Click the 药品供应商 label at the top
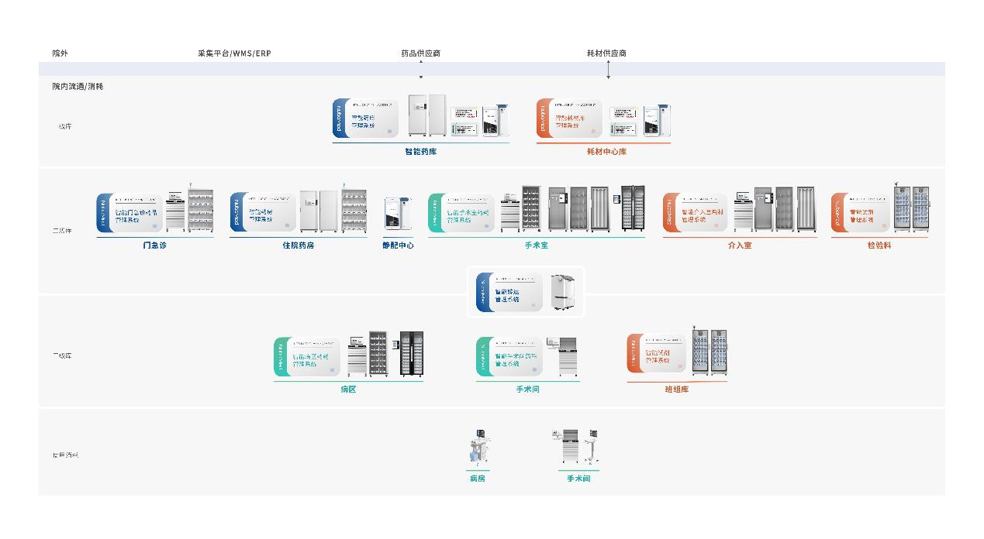(420, 53)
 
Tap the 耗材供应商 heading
(606, 53)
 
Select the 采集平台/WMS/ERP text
(234, 53)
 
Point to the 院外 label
(60, 53)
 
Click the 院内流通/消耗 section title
(78, 86)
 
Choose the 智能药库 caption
(420, 152)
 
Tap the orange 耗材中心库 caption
(606, 152)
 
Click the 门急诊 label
(154, 245)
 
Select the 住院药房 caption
(298, 245)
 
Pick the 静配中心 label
(398, 245)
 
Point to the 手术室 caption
(536, 245)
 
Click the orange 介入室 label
(739, 245)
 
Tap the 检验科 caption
(879, 245)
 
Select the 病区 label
(348, 390)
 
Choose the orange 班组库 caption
(676, 390)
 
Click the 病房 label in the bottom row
(477, 479)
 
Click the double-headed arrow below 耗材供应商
(609, 70)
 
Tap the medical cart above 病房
(478, 448)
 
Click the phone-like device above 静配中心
(396, 214)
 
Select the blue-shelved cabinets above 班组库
(710, 353)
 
